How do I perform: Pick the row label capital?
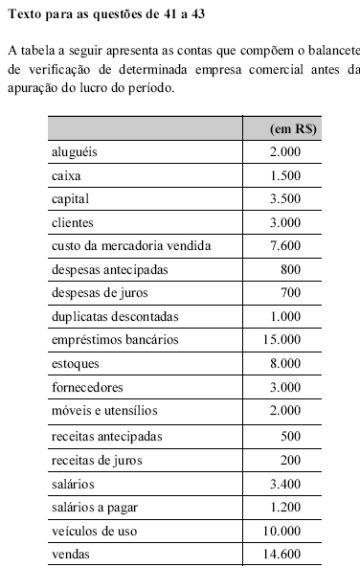(x=70, y=199)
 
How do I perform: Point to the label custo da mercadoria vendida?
(x=130, y=246)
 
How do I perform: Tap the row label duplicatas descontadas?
(x=115, y=317)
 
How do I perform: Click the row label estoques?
(x=76, y=364)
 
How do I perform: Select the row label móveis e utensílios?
(x=102, y=411)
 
